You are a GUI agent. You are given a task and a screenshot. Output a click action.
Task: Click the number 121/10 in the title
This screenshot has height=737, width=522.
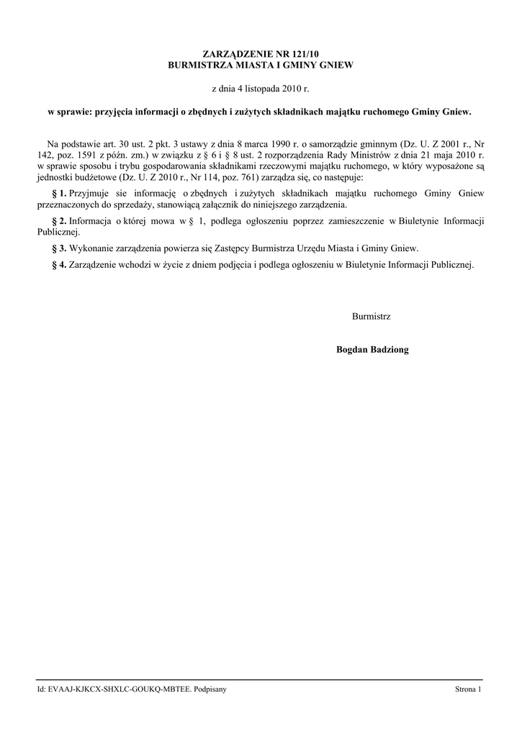coord(303,54)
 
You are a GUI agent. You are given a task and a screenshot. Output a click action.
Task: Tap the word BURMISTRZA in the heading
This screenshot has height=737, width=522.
coord(197,65)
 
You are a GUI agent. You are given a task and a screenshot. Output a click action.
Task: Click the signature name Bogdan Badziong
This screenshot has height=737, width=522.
coord(372,350)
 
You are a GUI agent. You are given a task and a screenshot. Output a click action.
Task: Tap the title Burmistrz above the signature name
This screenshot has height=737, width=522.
coord(372,317)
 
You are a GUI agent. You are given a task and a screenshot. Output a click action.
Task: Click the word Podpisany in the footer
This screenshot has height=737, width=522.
coord(210,689)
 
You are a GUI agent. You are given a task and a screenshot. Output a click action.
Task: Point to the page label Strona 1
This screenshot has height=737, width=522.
coord(468,689)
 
